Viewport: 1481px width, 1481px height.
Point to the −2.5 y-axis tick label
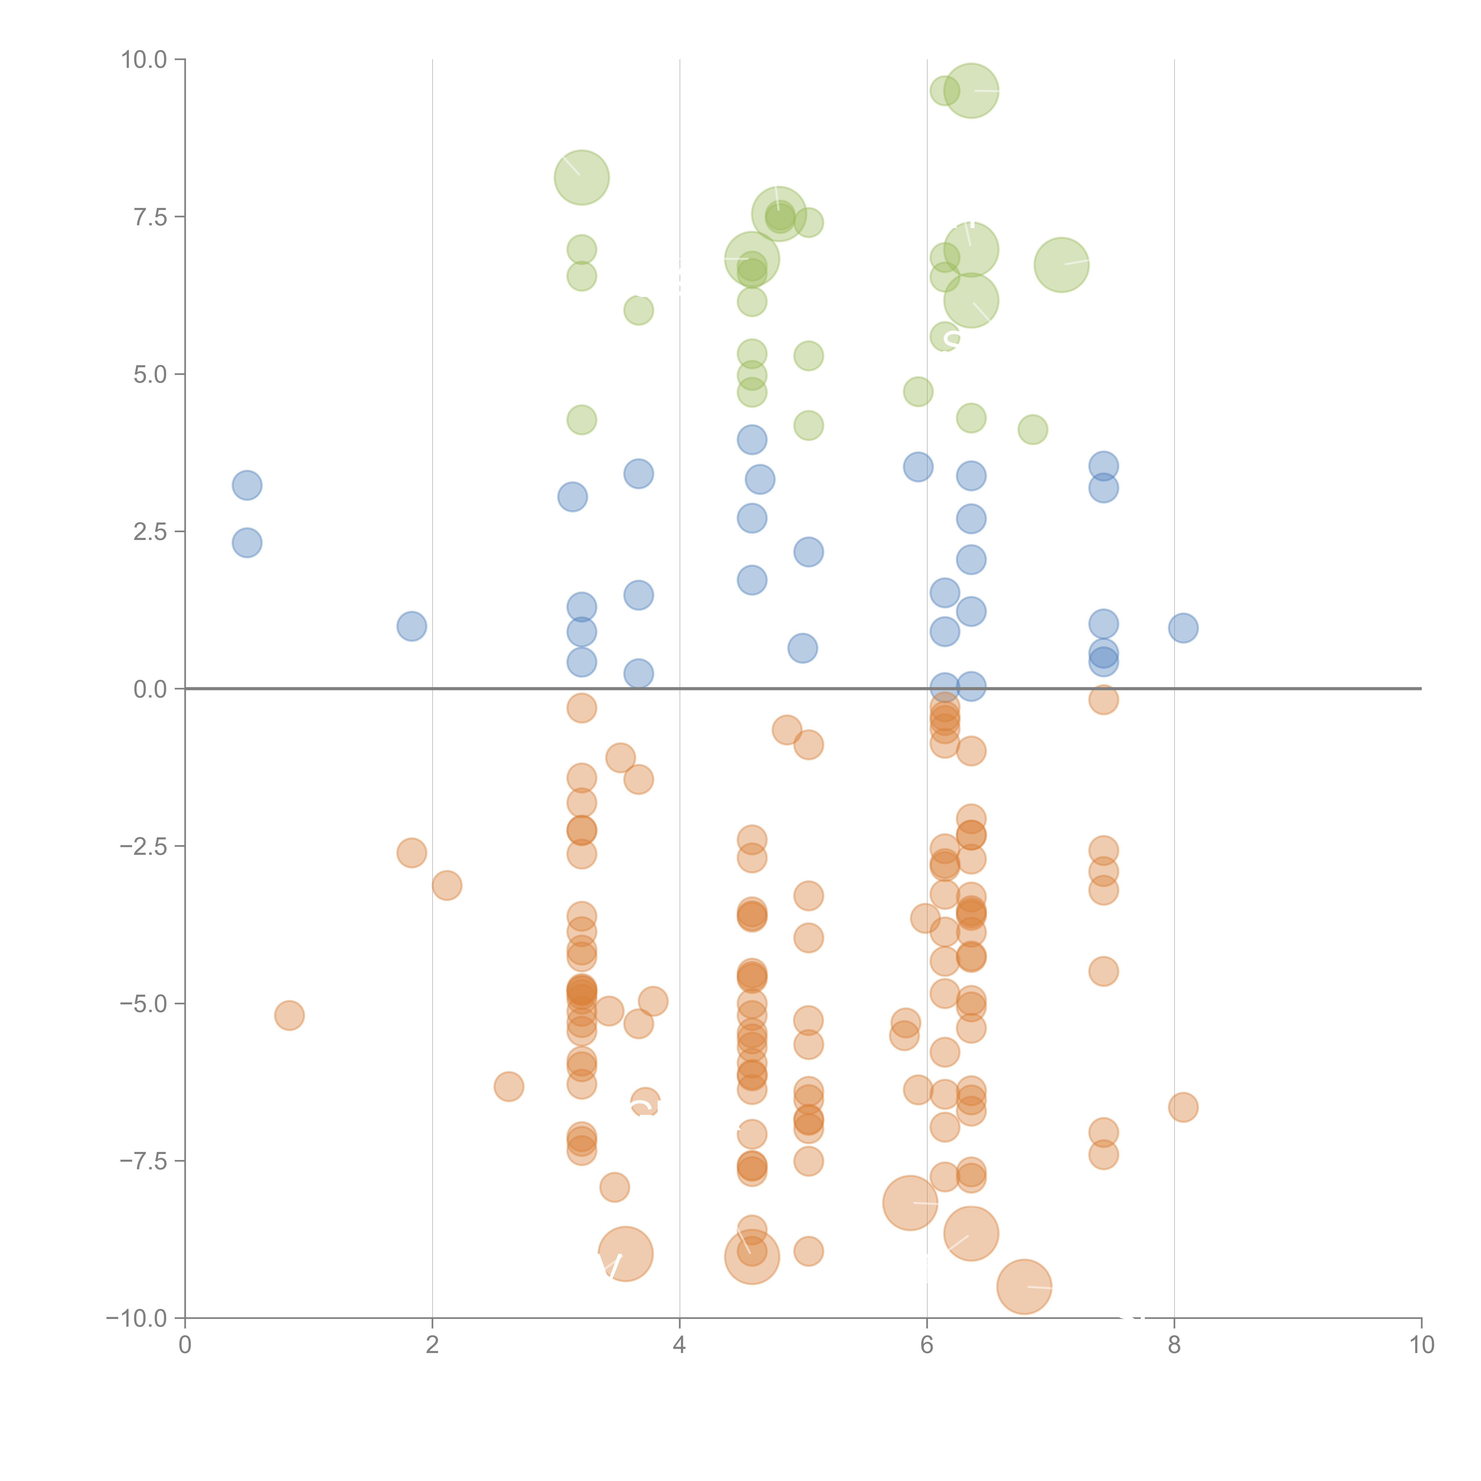(x=143, y=846)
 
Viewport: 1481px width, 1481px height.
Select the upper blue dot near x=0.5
(x=247, y=485)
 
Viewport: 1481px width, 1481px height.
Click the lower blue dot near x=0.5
(x=247, y=543)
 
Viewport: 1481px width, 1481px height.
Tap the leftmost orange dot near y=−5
(x=289, y=1016)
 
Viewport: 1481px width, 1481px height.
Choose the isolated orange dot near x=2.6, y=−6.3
(x=508, y=1086)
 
